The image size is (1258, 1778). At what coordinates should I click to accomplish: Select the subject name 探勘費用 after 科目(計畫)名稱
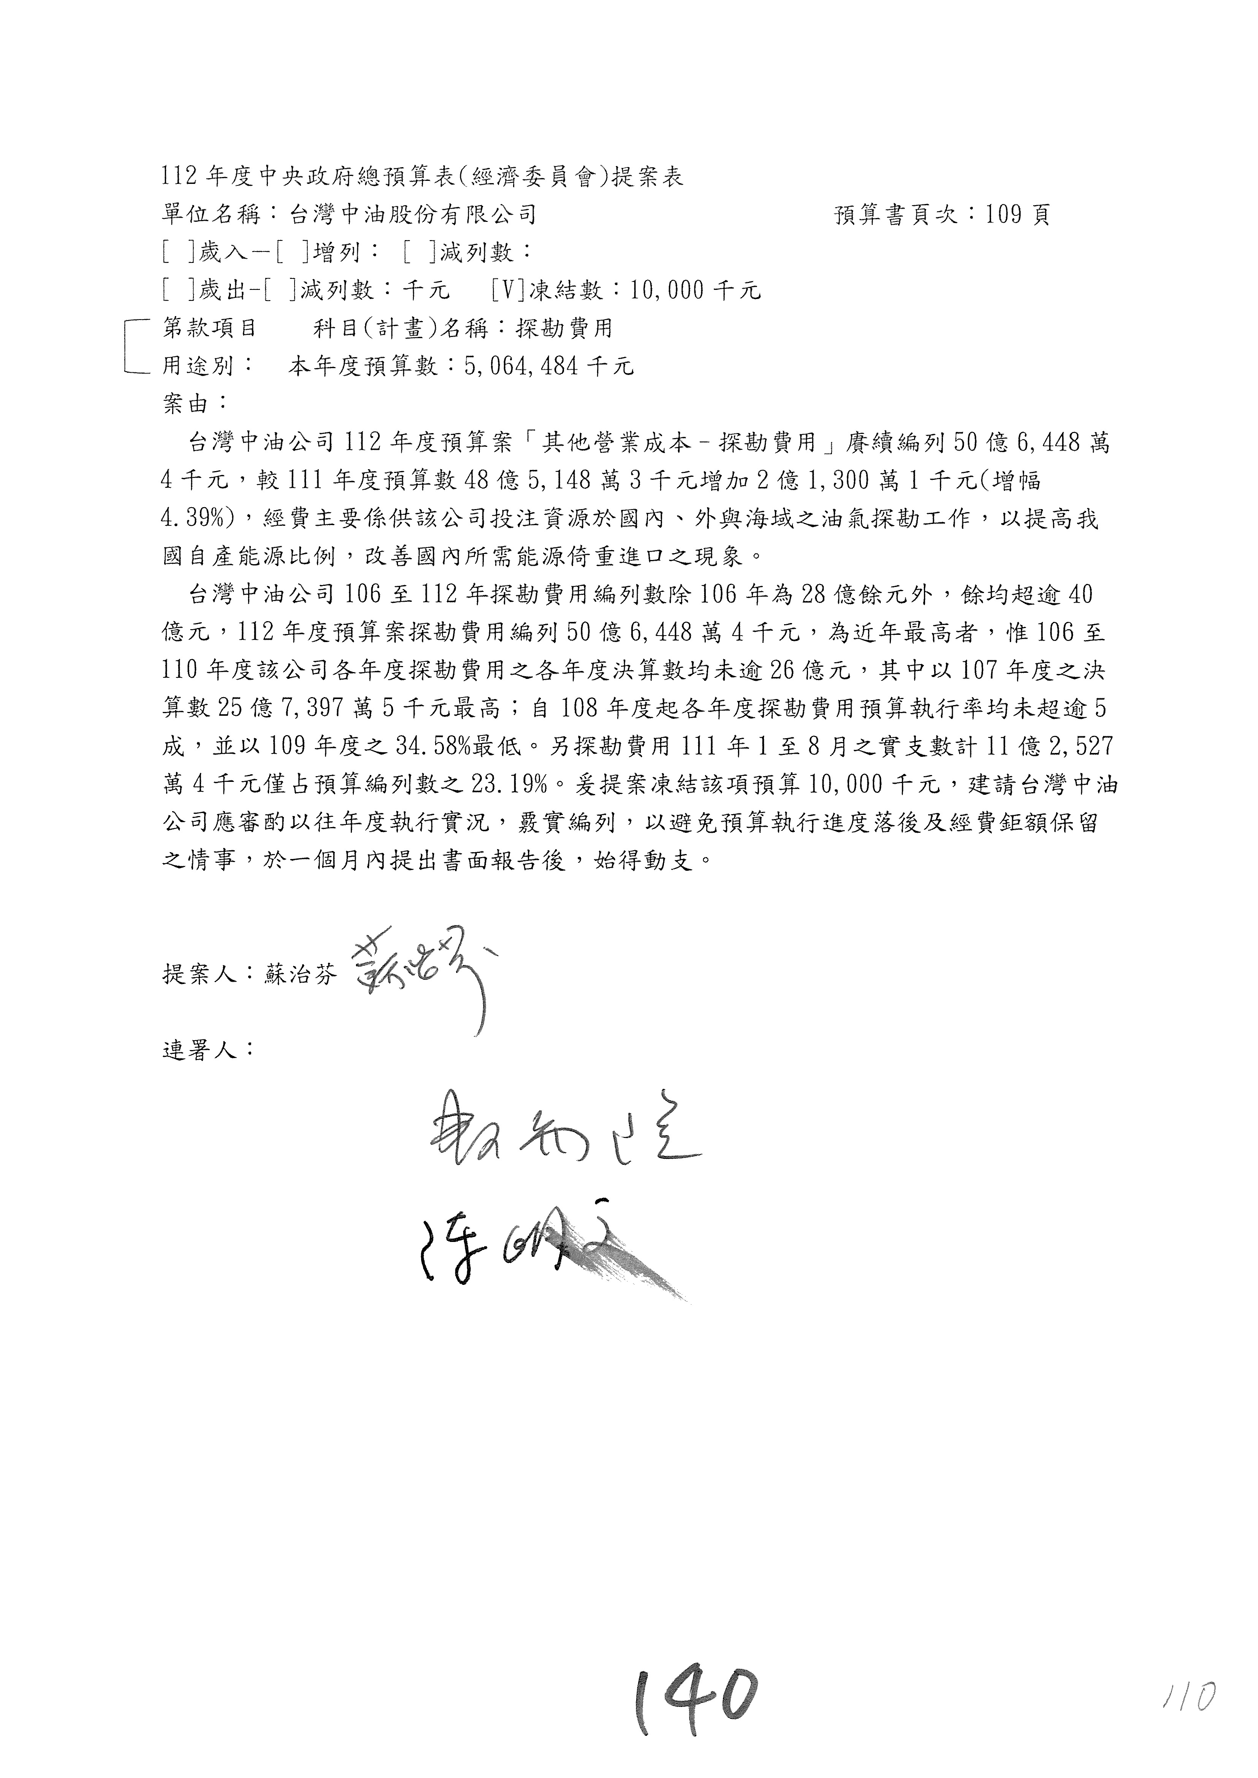pyautogui.click(x=566, y=328)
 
